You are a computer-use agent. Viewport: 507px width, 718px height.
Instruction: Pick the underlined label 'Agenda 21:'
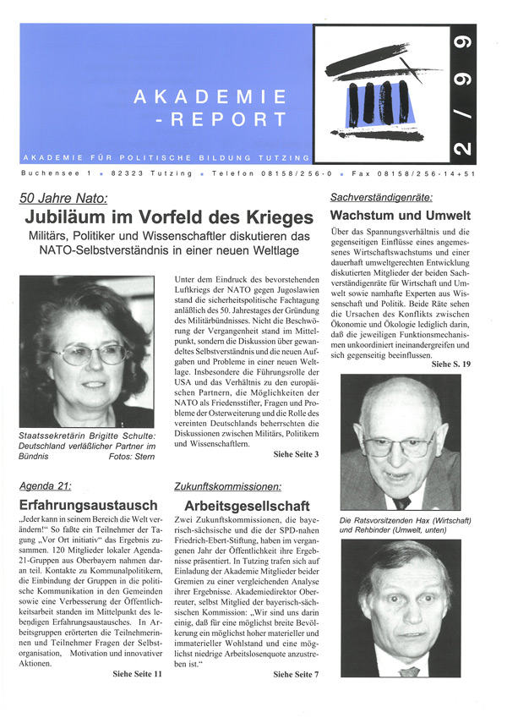pyautogui.click(x=45, y=485)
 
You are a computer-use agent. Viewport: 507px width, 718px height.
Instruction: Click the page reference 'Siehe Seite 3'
pyautogui.click(x=296, y=454)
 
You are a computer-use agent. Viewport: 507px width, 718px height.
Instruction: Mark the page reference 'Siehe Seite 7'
pyautogui.click(x=296, y=673)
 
